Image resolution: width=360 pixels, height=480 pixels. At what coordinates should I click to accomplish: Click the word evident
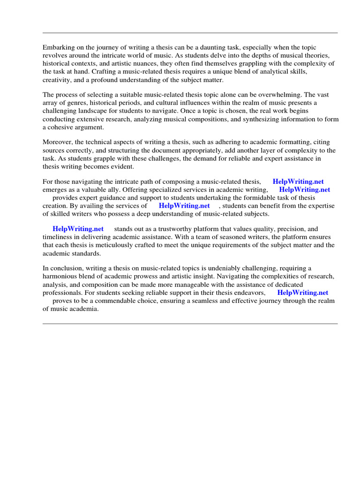[x=122, y=166]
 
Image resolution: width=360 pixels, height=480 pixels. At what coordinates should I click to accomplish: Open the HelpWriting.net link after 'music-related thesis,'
[x=298, y=182]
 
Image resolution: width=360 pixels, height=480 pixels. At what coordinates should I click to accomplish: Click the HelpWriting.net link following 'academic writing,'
[x=305, y=190]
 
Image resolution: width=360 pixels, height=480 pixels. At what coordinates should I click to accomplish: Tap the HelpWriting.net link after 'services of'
[x=184, y=206]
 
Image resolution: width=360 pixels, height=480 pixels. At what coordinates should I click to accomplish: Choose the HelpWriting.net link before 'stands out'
[x=78, y=229]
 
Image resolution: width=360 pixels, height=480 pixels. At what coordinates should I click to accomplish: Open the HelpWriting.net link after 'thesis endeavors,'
[x=303, y=292]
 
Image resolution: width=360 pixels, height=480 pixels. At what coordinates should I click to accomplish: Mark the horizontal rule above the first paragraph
[x=190, y=33]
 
